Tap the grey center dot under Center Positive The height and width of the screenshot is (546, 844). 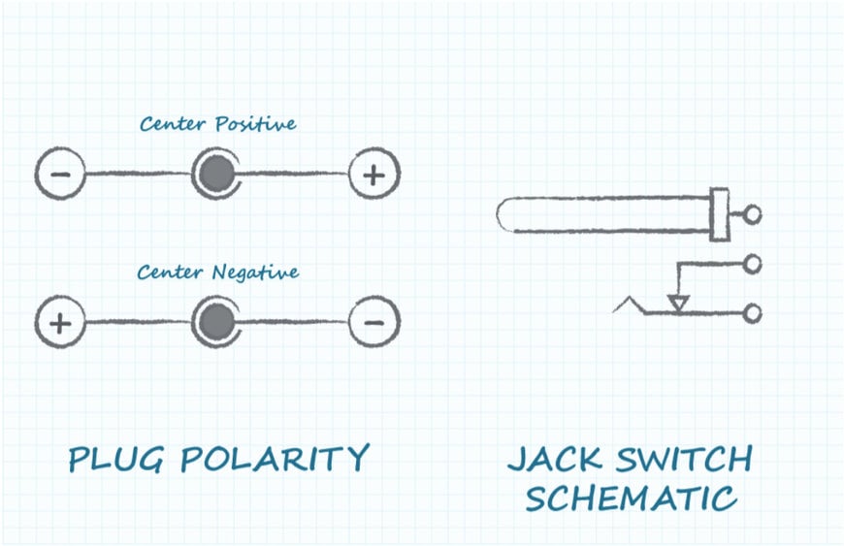pyautogui.click(x=217, y=174)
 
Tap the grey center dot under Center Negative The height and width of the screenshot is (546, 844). pyautogui.click(x=217, y=322)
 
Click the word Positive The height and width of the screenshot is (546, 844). pyautogui.click(x=256, y=124)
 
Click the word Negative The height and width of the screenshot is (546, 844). pyautogui.click(x=257, y=273)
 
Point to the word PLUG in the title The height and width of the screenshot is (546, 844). pyautogui.click(x=115, y=460)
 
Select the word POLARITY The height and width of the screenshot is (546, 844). pyautogui.click(x=275, y=459)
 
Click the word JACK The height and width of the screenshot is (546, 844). pyautogui.click(x=554, y=459)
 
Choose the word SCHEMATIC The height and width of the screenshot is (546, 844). pyautogui.click(x=631, y=498)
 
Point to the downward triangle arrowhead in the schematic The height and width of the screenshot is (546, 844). pyautogui.click(x=678, y=303)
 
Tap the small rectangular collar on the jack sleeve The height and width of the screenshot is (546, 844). pyautogui.click(x=719, y=214)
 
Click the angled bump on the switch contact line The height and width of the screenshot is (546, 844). pyautogui.click(x=629, y=305)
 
